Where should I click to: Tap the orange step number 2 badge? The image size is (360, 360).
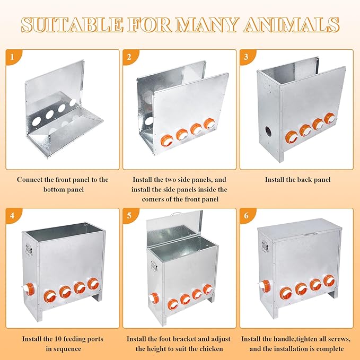coord(129,56)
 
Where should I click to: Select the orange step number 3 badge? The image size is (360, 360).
coord(247,56)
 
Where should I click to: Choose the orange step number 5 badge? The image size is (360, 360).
coord(129,215)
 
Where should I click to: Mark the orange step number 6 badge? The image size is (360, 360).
coord(247,215)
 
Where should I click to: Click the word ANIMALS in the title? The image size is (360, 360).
coord(291,24)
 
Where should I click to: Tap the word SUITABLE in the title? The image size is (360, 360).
coord(72,24)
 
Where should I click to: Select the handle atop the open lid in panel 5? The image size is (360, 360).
coord(176,214)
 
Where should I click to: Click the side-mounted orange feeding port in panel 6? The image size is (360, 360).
coord(266,286)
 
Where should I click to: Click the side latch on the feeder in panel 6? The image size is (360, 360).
coord(265,246)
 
